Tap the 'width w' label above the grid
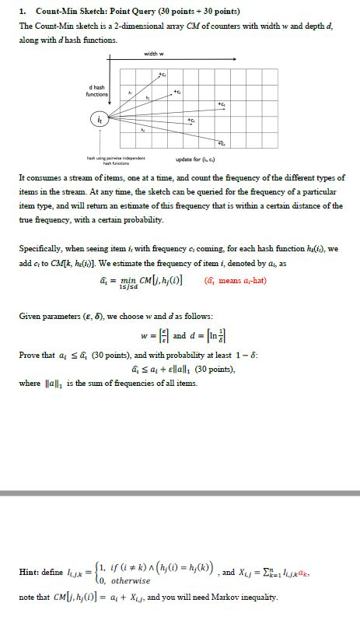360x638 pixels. (153, 53)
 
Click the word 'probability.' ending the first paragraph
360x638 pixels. (143, 220)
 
